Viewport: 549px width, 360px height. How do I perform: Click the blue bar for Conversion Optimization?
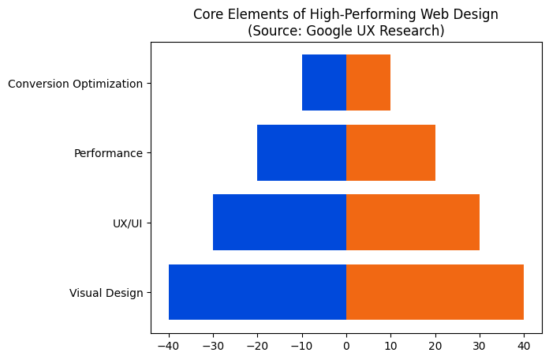324,83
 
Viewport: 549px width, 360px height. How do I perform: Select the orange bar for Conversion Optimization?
368,83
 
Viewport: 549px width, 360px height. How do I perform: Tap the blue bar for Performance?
302,152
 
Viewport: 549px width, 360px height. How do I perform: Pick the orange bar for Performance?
390,152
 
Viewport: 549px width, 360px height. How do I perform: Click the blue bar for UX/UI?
280,223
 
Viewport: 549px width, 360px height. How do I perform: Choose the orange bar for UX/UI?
413,223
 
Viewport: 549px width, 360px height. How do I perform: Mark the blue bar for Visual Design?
258,292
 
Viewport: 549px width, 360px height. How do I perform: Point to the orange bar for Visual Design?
435,292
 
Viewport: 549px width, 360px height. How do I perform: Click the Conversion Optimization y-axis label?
75,83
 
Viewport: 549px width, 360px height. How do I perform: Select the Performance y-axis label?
108,152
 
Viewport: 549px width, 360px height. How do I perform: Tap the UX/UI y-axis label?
128,223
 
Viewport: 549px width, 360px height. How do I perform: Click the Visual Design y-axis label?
106,293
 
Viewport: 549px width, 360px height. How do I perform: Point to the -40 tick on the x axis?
169,344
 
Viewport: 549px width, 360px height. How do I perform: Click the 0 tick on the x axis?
346,344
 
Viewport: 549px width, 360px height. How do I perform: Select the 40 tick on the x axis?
524,344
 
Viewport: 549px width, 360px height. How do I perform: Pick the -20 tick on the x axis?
257,344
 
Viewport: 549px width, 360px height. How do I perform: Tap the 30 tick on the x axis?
480,344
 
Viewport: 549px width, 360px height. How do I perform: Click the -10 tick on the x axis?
302,344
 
